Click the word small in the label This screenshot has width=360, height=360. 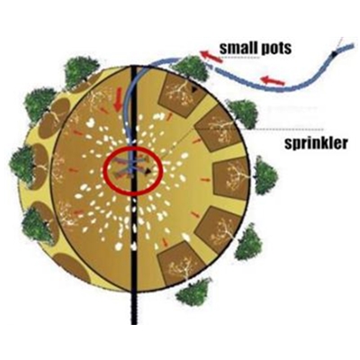tap(238, 48)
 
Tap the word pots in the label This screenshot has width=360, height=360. tap(275, 49)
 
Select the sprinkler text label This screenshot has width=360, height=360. tap(316, 144)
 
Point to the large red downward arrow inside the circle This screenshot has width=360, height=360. tap(119, 100)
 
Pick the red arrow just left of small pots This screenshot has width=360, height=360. tap(211, 57)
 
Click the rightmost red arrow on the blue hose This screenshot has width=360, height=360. tap(273, 80)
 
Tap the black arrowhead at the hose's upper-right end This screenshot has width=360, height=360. tap(334, 54)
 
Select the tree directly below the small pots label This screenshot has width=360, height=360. tap(192, 69)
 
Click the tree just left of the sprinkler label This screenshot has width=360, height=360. tap(243, 113)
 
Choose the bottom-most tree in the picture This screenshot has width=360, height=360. tap(194, 292)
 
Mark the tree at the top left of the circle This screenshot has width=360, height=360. tap(80, 71)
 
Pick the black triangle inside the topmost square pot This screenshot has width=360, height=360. tap(194, 89)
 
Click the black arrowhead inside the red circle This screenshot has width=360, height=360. tap(148, 171)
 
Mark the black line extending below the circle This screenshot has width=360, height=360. tap(134, 308)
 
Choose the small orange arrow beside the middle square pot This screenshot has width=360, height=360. tap(205, 179)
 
